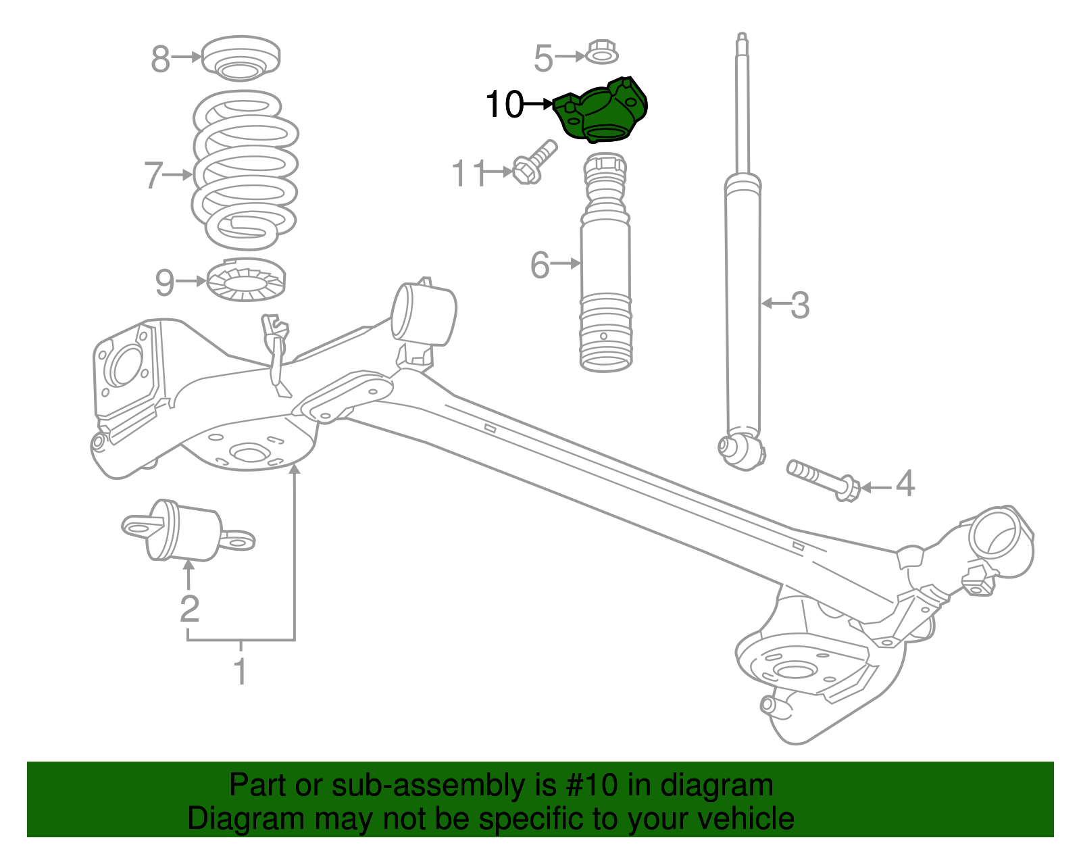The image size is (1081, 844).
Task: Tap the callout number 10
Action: tap(504, 105)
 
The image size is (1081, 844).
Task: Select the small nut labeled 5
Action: tap(600, 52)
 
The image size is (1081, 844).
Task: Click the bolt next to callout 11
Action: tap(534, 162)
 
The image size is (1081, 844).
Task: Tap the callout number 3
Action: tap(799, 305)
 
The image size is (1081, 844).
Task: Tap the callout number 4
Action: tap(905, 484)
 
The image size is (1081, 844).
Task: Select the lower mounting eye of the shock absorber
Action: tap(741, 449)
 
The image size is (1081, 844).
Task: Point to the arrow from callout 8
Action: tap(186, 57)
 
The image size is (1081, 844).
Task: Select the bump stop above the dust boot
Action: tap(605, 179)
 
